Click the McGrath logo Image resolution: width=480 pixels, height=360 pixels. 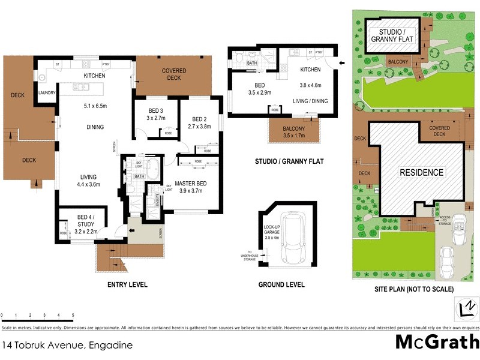click(x=437, y=342)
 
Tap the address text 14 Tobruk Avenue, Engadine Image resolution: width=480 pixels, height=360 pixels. click(x=67, y=345)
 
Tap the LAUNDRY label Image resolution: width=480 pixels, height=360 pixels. click(x=46, y=93)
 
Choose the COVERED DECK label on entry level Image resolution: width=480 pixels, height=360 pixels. click(x=173, y=74)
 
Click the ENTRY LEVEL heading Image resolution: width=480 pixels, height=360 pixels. click(x=127, y=284)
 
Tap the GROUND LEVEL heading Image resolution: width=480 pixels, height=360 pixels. click(x=281, y=284)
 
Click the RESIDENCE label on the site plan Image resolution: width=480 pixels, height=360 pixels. click(x=422, y=173)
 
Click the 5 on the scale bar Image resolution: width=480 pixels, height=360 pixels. click(x=73, y=315)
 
